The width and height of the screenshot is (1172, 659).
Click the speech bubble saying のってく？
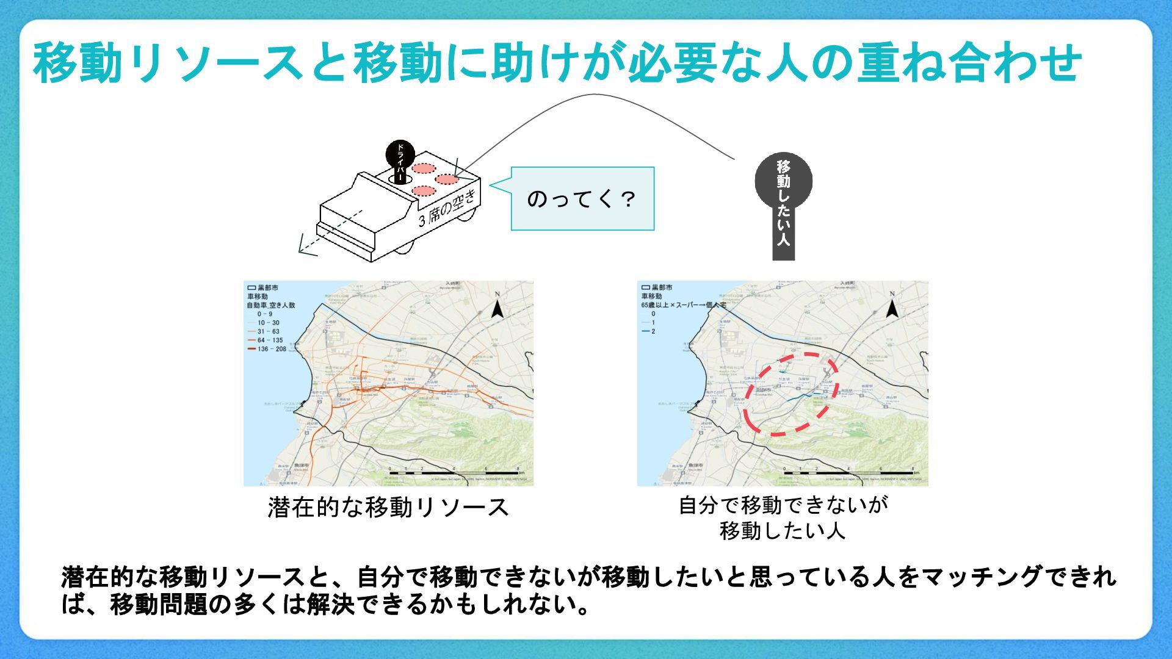[582, 199]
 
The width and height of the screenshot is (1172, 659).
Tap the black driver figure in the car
[400, 160]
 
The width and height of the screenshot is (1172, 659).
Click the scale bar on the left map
[455, 473]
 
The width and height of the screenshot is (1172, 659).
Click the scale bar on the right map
[849, 473]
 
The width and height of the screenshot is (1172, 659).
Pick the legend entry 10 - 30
[268, 323]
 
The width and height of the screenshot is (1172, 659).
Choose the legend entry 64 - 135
[270, 340]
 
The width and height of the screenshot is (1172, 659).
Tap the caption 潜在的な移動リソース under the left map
[388, 508]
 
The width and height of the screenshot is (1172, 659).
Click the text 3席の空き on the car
[447, 208]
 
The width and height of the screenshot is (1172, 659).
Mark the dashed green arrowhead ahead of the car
[304, 248]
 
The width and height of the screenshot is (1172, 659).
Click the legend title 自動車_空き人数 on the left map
[270, 305]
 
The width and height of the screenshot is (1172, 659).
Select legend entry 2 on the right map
[653, 331]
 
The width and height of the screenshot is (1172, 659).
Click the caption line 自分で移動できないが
[783, 505]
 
